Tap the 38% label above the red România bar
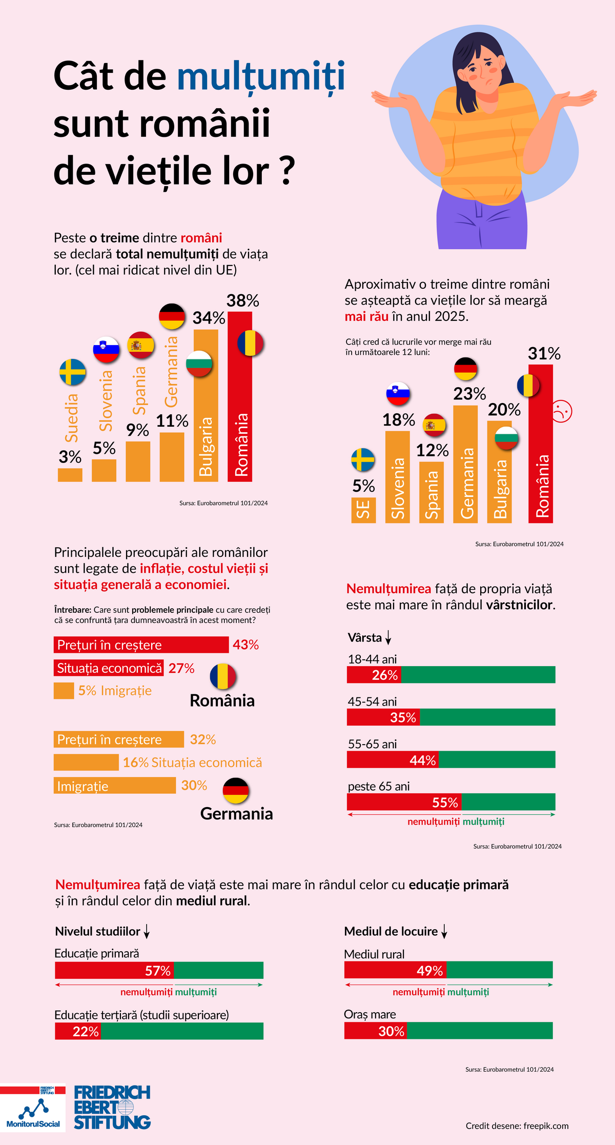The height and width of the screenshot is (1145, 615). pyautogui.click(x=243, y=300)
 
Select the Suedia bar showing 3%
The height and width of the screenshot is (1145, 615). pyautogui.click(x=70, y=475)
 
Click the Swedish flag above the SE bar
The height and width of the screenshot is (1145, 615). pyautogui.click(x=363, y=459)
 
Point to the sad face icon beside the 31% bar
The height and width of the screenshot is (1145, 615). pyautogui.click(x=562, y=411)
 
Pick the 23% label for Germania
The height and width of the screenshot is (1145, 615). pyautogui.click(x=469, y=394)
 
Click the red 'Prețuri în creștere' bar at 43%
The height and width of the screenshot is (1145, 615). pyautogui.click(x=141, y=645)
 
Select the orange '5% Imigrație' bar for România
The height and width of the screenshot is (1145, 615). pyautogui.click(x=64, y=691)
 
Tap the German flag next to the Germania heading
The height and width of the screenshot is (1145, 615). pyautogui.click(x=236, y=791)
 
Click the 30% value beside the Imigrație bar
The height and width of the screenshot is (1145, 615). pyautogui.click(x=194, y=785)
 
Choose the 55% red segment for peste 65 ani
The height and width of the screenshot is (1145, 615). pyautogui.click(x=404, y=802)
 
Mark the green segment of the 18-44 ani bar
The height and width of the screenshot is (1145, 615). pyautogui.click(x=478, y=675)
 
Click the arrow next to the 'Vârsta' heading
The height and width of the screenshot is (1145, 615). pyautogui.click(x=388, y=638)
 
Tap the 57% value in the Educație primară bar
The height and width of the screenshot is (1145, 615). pyautogui.click(x=157, y=971)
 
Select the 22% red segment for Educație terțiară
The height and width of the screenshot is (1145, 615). pyautogui.click(x=78, y=1031)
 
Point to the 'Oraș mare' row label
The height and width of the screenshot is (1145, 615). pyautogui.click(x=370, y=1014)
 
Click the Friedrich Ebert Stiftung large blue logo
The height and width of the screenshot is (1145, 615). pyautogui.click(x=112, y=1108)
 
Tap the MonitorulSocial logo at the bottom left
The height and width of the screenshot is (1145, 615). pyautogui.click(x=33, y=1110)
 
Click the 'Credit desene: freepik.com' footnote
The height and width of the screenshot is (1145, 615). pyautogui.click(x=517, y=1126)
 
